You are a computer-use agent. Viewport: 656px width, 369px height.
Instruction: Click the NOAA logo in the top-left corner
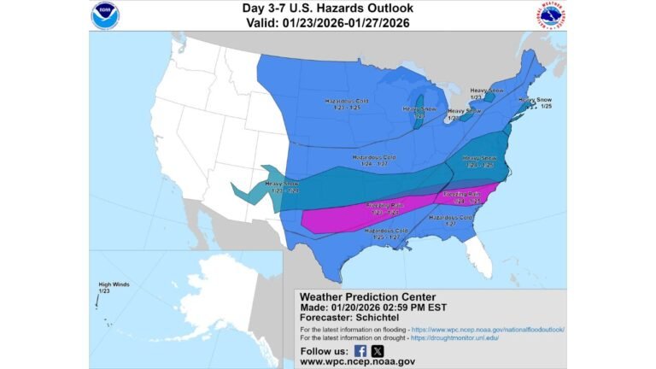(106, 15)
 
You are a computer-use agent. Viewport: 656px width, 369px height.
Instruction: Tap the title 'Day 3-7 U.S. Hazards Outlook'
(327, 9)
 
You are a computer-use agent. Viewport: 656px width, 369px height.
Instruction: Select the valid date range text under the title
(327, 22)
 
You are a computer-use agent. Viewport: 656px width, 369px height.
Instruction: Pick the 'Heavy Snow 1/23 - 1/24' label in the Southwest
(282, 187)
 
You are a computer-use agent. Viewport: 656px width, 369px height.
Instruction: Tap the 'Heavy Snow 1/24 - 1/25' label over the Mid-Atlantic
(479, 161)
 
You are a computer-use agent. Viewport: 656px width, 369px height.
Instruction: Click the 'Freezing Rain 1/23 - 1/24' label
(385, 209)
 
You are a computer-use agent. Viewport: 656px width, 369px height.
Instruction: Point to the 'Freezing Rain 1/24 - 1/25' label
(462, 197)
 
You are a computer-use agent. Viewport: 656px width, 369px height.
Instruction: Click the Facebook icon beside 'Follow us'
(360, 351)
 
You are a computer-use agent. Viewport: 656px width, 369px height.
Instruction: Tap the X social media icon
(378, 351)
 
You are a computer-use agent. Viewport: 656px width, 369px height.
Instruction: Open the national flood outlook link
(488, 329)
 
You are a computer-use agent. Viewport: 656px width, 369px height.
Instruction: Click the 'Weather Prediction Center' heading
(367, 297)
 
